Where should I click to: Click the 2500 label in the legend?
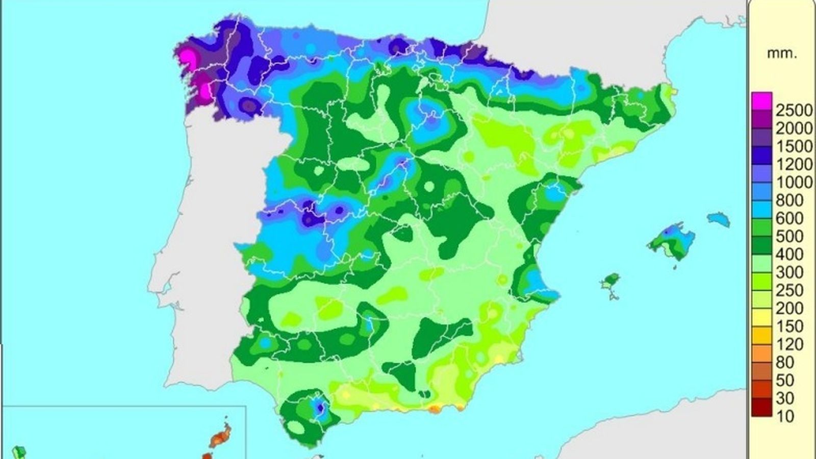coord(794,110)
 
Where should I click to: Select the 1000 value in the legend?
coord(794,182)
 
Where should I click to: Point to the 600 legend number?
coord(789,218)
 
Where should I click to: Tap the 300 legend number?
coord(789,272)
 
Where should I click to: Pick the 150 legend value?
coord(789,326)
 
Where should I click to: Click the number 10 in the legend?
coord(786,416)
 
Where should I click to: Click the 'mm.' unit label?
coord(782,53)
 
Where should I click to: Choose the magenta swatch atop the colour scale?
coord(762,100)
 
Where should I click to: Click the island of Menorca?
coord(719,219)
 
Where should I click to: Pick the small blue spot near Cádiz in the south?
coord(319,407)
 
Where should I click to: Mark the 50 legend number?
coord(786,380)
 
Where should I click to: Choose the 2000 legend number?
coord(794,128)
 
